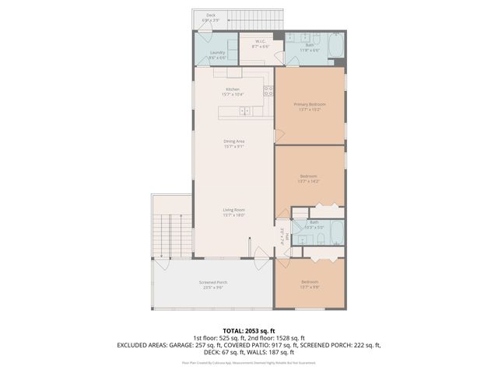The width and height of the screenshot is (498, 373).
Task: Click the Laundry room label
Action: [217, 54]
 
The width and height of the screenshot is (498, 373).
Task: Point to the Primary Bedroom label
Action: [309, 106]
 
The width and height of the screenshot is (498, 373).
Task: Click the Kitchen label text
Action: [233, 92]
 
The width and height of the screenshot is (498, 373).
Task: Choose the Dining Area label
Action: [233, 143]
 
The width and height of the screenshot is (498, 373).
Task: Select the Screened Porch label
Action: [212, 284]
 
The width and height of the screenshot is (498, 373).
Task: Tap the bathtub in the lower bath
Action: [336, 232]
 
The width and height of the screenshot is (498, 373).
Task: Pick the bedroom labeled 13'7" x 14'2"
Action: [309, 180]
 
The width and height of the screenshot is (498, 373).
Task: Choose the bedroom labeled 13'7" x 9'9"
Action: [309, 284]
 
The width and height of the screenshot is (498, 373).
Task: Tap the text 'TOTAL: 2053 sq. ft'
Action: [248, 329]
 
